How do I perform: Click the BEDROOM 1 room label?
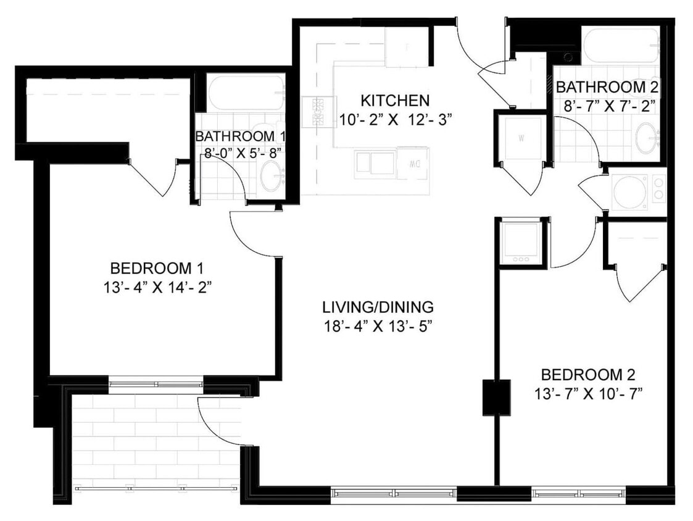click(x=157, y=269)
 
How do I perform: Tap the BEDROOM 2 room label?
click(x=587, y=375)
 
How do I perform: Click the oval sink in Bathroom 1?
click(x=272, y=177)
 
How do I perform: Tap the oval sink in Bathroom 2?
click(x=646, y=138)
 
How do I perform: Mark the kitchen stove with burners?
click(x=318, y=111)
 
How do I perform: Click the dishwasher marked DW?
click(x=413, y=163)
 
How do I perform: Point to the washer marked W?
click(x=520, y=138)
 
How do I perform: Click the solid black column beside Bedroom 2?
click(x=496, y=397)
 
